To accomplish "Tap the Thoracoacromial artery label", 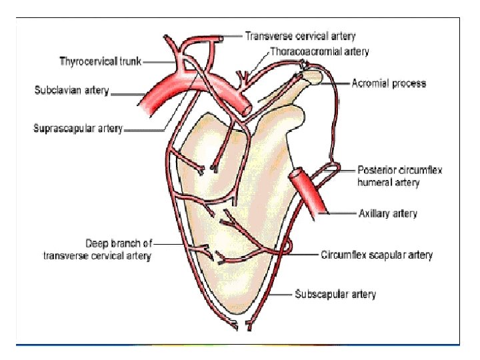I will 319,51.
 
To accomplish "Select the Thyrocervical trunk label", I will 100,62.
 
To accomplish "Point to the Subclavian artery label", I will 71,90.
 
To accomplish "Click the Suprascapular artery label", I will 78,129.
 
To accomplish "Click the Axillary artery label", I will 387,213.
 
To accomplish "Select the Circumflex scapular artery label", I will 376,255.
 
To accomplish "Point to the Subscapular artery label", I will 335,294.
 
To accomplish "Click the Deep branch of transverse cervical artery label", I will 97,249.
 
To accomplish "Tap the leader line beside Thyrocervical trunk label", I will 159,62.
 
